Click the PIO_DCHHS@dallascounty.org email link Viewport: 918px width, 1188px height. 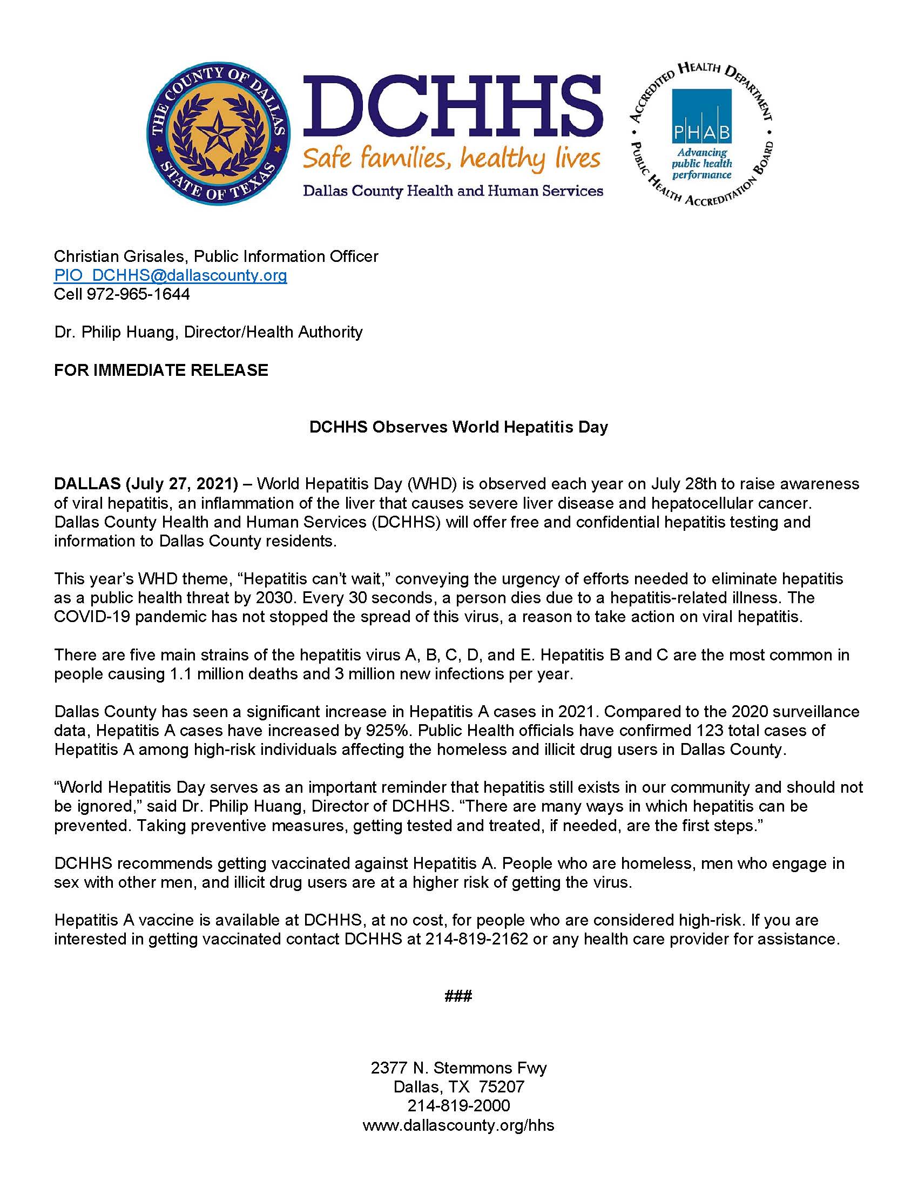click(170, 275)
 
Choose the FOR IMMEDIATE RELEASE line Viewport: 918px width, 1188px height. click(161, 370)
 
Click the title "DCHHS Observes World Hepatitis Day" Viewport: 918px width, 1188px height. click(458, 427)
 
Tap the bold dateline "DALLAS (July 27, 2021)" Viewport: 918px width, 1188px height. click(146, 484)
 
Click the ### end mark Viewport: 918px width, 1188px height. click(458, 996)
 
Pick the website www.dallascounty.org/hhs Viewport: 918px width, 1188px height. click(458, 1125)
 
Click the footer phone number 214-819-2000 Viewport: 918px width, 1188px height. click(458, 1106)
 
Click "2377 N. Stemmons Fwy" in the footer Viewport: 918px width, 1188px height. click(458, 1068)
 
